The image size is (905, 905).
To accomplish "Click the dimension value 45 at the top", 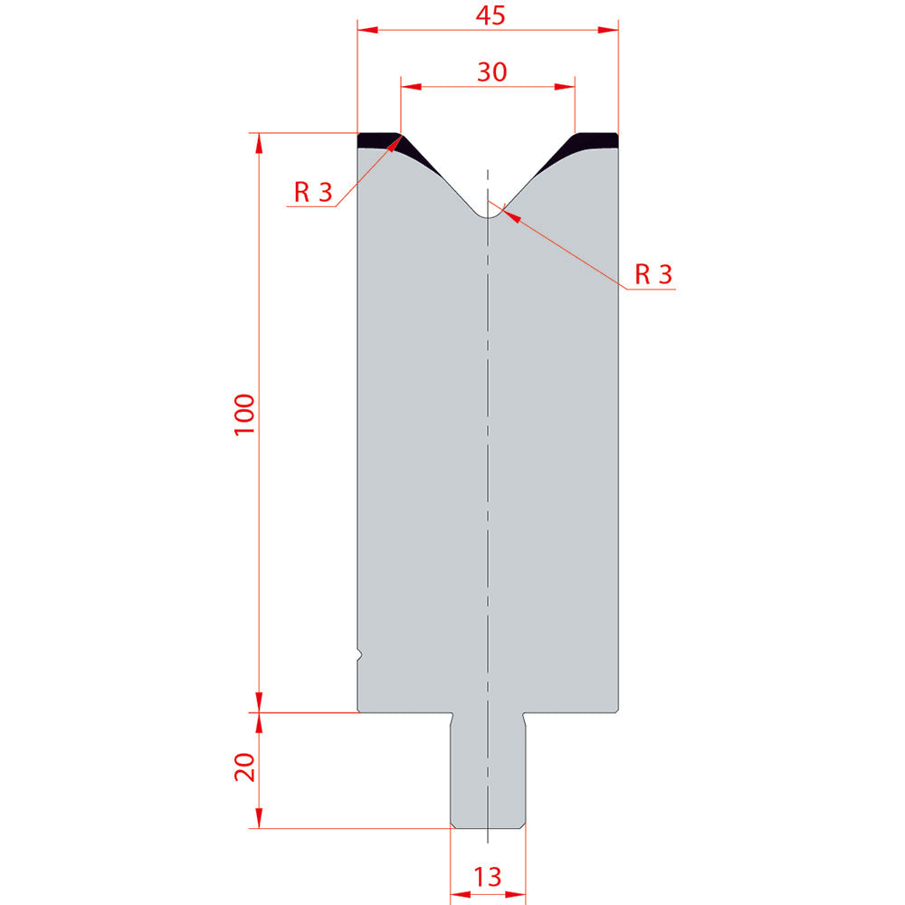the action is point(490,15).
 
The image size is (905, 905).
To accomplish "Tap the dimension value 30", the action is point(491,72).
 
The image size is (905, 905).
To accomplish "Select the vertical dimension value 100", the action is point(244,415).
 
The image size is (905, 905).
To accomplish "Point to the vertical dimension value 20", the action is point(244,767).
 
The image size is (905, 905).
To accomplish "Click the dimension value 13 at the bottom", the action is point(487,877).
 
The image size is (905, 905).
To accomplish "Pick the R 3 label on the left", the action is point(313,192).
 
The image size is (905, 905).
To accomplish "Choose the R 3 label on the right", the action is point(653,274).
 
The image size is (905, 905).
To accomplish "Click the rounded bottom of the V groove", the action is point(489,216).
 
